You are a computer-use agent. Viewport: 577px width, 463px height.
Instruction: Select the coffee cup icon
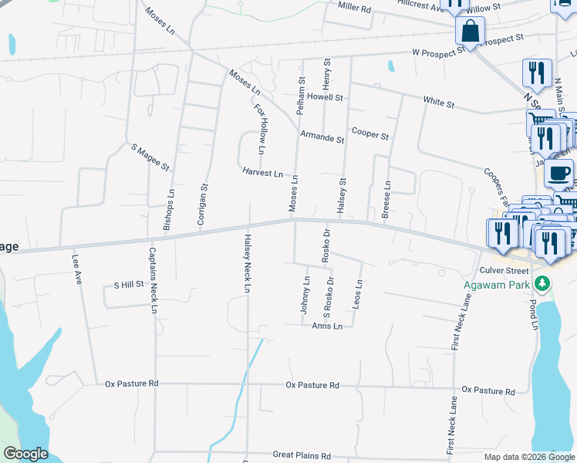tap(559, 172)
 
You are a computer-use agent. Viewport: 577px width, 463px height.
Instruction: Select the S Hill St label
tap(129, 284)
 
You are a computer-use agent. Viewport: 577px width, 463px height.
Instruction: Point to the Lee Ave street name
tap(76, 271)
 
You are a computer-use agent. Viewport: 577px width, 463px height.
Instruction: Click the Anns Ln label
tap(327, 326)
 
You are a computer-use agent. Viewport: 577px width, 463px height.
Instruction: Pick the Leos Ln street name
tap(356, 295)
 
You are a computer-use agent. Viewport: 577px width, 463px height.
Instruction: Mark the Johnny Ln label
tap(305, 294)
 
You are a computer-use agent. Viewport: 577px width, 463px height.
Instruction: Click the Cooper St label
tap(370, 134)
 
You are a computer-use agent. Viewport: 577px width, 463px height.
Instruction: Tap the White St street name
tap(439, 101)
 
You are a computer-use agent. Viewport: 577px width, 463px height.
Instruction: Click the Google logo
tap(25, 454)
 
